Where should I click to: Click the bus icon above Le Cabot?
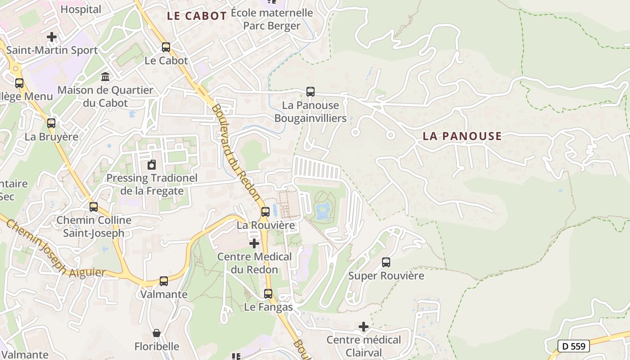166,47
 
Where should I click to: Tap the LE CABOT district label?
197,16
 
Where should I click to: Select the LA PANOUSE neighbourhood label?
462,136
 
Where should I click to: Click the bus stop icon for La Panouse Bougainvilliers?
310,92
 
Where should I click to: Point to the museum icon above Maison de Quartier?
105,77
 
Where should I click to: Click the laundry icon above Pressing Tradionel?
152,165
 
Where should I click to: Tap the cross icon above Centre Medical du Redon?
254,243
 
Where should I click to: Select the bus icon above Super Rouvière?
386,262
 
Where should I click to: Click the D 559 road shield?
574,346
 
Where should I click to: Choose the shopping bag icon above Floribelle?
156,333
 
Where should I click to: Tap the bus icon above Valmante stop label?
163,281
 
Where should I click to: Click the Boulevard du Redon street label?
236,153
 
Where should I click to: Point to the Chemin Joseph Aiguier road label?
54,250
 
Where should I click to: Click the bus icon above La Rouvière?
265,211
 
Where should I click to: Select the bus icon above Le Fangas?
268,294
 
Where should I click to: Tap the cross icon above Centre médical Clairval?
364,326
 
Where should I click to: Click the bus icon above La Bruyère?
51,123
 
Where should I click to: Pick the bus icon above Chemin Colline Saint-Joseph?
94,207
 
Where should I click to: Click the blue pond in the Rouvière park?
323,210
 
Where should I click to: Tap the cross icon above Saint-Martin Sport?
52,36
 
